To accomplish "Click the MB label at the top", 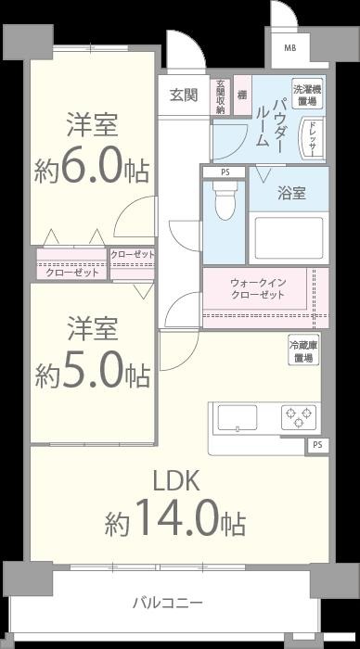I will (290, 49).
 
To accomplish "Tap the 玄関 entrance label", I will (183, 95).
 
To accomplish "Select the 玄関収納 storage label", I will (221, 95).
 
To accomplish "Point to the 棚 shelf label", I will (241, 95).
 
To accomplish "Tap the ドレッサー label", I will (313, 139).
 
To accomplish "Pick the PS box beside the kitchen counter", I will (317, 445).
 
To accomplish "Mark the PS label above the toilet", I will (225, 172).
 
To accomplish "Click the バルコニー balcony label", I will (169, 604).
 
